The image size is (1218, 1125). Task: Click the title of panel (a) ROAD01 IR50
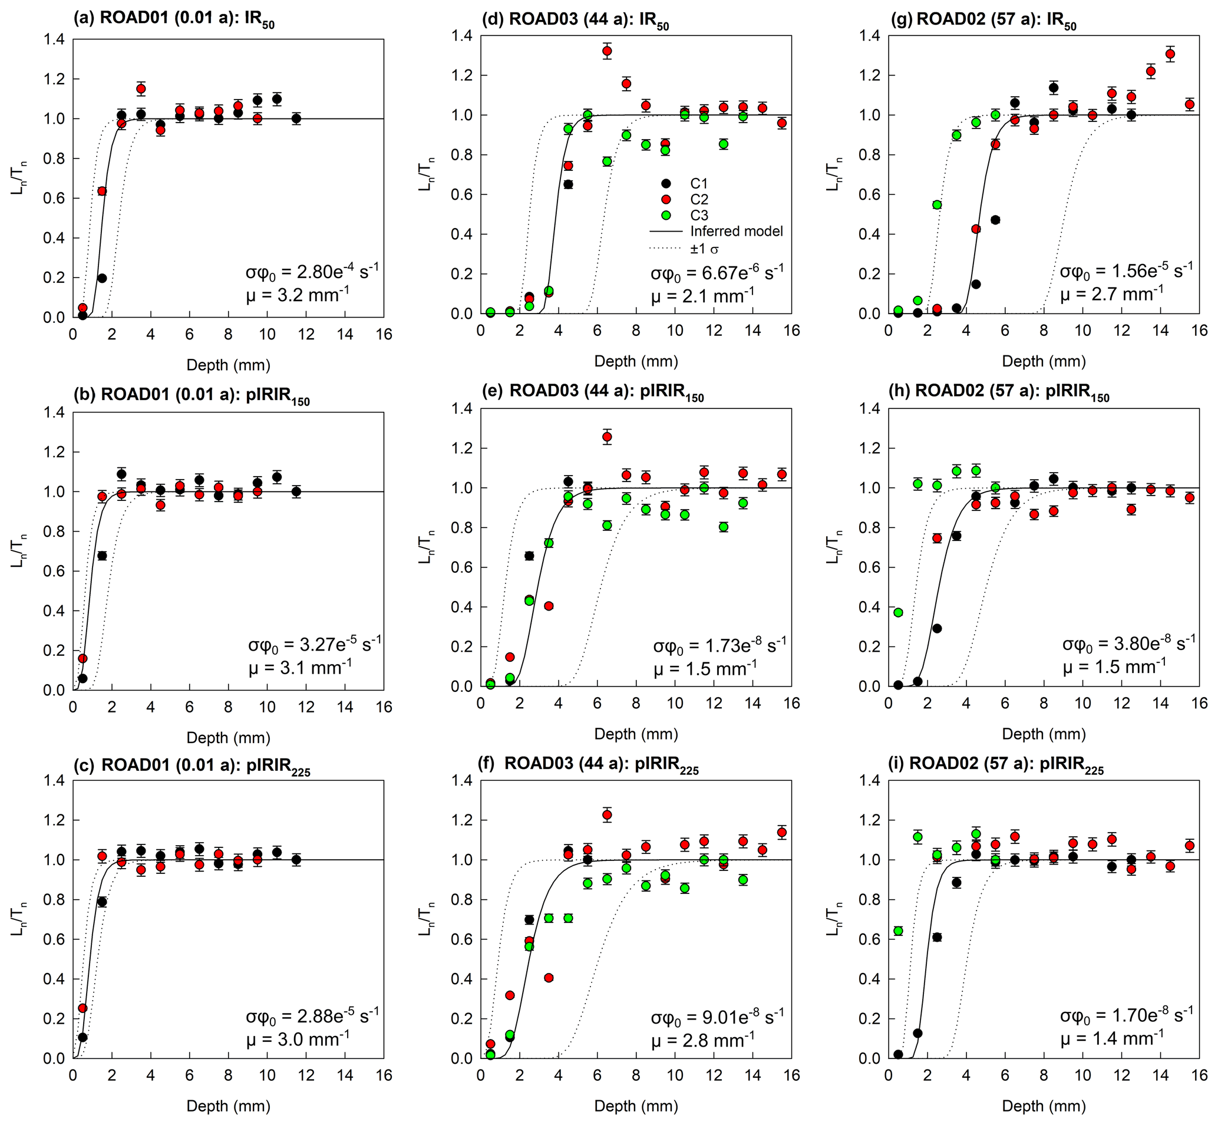tap(174, 18)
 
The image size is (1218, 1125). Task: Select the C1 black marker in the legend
tap(666, 183)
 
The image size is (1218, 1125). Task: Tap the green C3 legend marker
tap(666, 215)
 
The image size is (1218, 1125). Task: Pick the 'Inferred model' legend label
tap(736, 232)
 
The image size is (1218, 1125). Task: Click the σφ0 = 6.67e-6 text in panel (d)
tap(717, 272)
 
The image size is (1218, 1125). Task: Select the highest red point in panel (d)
tap(607, 51)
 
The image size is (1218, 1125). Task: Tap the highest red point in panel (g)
tap(1170, 54)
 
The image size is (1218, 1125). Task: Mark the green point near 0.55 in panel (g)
tap(937, 204)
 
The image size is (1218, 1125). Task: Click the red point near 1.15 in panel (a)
tap(141, 89)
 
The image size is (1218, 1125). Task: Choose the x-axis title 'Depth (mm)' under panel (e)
tap(636, 734)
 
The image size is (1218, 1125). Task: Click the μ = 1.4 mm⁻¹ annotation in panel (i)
tap(1113, 1037)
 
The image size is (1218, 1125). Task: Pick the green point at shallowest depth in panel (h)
tap(898, 612)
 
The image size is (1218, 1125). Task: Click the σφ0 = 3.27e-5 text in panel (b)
tap(315, 644)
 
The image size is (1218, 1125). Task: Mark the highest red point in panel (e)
tap(607, 437)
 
